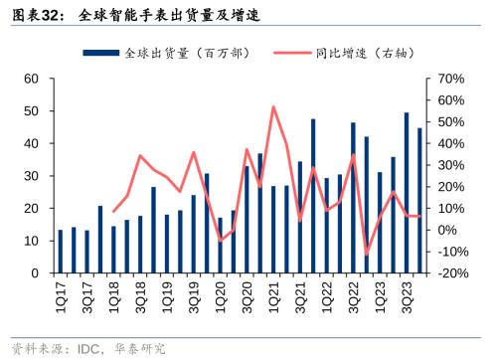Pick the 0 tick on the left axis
(35, 273)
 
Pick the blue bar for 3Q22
(353, 198)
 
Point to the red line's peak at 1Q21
(273, 106)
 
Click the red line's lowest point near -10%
(366, 255)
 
